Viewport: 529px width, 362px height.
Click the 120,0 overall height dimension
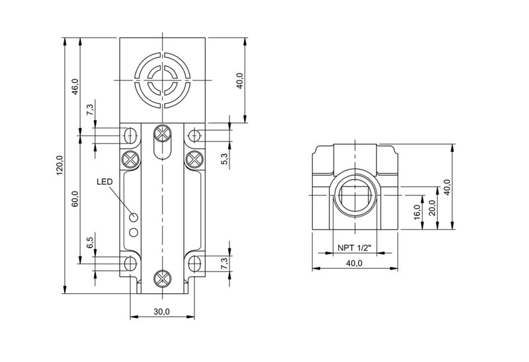pos(60,165)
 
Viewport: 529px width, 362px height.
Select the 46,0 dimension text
pos(75,87)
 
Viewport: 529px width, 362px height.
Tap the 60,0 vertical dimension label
pos(75,199)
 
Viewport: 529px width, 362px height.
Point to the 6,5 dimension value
pos(90,242)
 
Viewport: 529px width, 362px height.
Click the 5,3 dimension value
pos(225,159)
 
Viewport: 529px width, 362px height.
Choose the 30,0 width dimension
pos(161,312)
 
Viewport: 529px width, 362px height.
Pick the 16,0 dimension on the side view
pos(417,212)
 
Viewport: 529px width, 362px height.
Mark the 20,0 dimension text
pos(432,207)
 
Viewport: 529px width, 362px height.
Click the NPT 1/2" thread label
pos(354,248)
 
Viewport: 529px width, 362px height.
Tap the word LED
pos(104,182)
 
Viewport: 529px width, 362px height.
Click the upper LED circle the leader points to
pos(134,217)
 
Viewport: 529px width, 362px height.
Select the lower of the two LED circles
pos(134,233)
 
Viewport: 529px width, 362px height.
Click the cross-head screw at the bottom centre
pos(163,278)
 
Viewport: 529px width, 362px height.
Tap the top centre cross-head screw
pos(163,133)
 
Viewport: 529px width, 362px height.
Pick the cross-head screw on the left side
pos(130,159)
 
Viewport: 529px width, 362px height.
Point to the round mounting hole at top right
pos(194,136)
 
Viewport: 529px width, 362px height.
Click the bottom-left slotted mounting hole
pos(130,263)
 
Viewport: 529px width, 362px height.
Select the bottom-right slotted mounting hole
pos(194,263)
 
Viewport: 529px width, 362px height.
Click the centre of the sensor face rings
pos(163,80)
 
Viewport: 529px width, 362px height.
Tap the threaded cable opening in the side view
pos(355,195)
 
